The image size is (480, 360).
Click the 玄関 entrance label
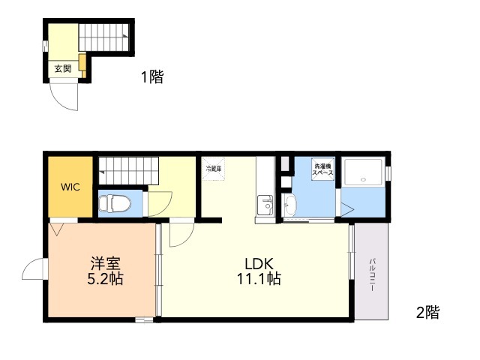(x=63, y=68)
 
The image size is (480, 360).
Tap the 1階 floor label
(x=152, y=76)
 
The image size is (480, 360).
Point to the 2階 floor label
(x=427, y=312)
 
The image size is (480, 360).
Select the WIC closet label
(x=70, y=187)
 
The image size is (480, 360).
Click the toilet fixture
(x=115, y=203)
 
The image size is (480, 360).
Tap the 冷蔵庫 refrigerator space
(x=214, y=169)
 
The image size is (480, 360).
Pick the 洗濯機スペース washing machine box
(x=322, y=169)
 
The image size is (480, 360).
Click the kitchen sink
(x=265, y=205)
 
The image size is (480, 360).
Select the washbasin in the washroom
(x=289, y=205)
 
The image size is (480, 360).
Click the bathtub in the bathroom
(x=363, y=172)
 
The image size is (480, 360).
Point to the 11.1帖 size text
(x=259, y=279)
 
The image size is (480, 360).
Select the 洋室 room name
(x=105, y=263)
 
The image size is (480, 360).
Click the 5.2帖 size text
(x=105, y=279)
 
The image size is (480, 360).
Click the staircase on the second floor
(x=128, y=171)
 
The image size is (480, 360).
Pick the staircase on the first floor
(x=103, y=37)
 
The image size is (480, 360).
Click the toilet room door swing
(x=160, y=204)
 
